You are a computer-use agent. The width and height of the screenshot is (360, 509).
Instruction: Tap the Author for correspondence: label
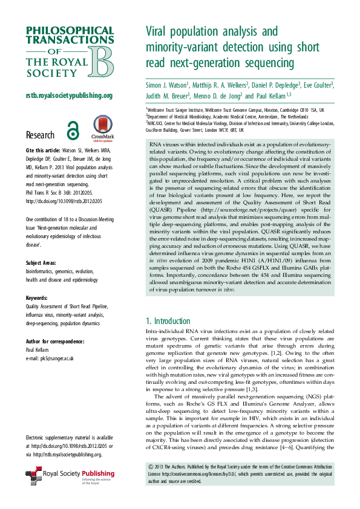[x=54, y=341]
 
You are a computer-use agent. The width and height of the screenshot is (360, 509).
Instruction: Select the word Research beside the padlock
[x=41, y=135]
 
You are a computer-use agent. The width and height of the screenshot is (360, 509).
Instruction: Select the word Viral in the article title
[x=159, y=31]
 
